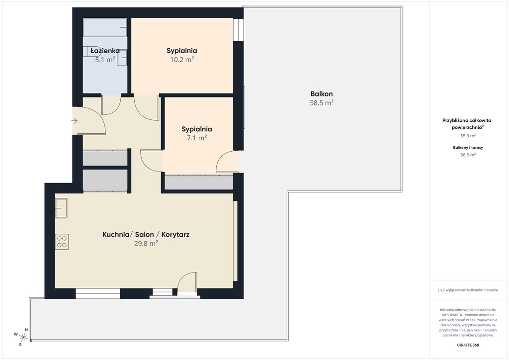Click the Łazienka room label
tap(105, 51)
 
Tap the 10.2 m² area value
tap(182, 60)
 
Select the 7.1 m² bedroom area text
tap(197, 138)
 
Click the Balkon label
tap(322, 94)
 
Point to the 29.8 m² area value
tap(146, 244)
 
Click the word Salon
tap(145, 234)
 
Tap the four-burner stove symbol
tap(62, 242)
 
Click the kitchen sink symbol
tap(61, 208)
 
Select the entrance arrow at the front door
tap(75, 121)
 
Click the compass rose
tap(23, 337)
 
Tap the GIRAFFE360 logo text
tap(468, 345)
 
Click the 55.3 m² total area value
tap(468, 136)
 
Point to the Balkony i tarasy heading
tap(468, 147)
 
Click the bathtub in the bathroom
tap(105, 27)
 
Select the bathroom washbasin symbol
tap(122, 58)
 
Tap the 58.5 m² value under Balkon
tap(322, 103)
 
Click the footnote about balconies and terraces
tap(468, 290)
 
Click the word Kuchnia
tap(116, 234)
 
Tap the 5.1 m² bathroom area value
tap(105, 60)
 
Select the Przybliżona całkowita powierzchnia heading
tap(467, 124)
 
